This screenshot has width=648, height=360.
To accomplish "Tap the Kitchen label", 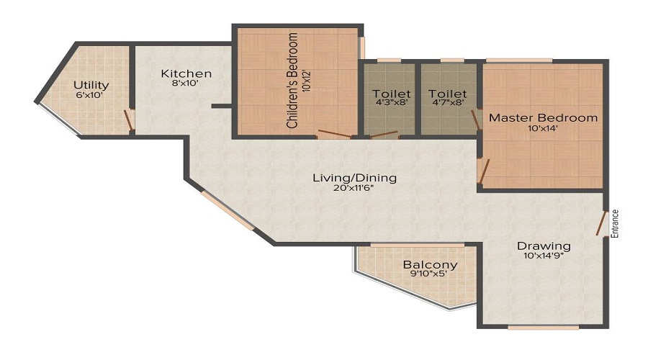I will (186, 73).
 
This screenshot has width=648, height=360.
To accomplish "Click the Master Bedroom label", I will (543, 117).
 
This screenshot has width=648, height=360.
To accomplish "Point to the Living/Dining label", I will (354, 178).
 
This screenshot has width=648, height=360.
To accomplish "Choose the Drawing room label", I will (544, 246).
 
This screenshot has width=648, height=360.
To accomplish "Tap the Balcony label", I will (430, 264).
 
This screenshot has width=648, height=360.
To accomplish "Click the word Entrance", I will (615, 223).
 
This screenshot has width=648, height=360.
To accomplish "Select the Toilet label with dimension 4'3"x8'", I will (392, 94).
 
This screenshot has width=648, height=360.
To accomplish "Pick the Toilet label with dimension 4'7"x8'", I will (448, 94).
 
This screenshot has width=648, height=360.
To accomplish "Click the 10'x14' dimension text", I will (543, 129).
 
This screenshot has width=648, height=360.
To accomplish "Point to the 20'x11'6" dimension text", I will (354, 189).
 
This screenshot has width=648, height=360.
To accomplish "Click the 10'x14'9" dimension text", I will (544, 257).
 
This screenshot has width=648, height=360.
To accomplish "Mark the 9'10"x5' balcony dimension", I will (430, 274).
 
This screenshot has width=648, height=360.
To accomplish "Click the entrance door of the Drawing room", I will (600, 223).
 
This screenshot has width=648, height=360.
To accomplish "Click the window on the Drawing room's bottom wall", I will (543, 328).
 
